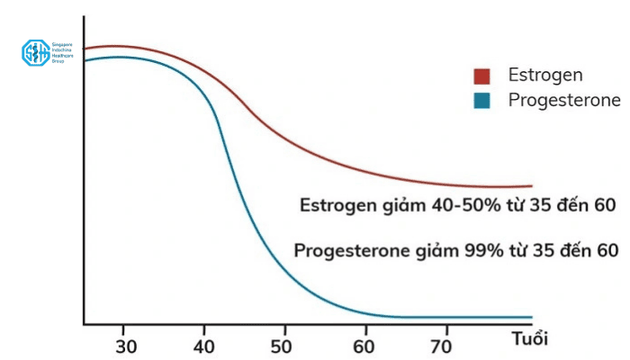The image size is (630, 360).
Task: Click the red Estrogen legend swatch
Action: [482, 75]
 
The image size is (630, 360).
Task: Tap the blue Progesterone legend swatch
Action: [482, 101]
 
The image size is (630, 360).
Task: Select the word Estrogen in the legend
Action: [545, 75]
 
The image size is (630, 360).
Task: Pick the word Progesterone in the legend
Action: [564, 100]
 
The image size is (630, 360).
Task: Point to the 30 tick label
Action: [126, 346]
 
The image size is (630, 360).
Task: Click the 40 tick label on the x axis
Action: [204, 346]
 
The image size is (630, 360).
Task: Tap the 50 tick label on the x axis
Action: [283, 346]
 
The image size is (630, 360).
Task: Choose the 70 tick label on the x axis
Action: [442, 346]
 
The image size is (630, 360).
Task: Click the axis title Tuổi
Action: [528, 339]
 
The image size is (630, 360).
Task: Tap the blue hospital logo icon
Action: [35, 52]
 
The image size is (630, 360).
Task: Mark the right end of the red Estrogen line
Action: [531, 185]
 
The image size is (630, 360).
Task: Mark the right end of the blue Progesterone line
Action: [531, 317]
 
